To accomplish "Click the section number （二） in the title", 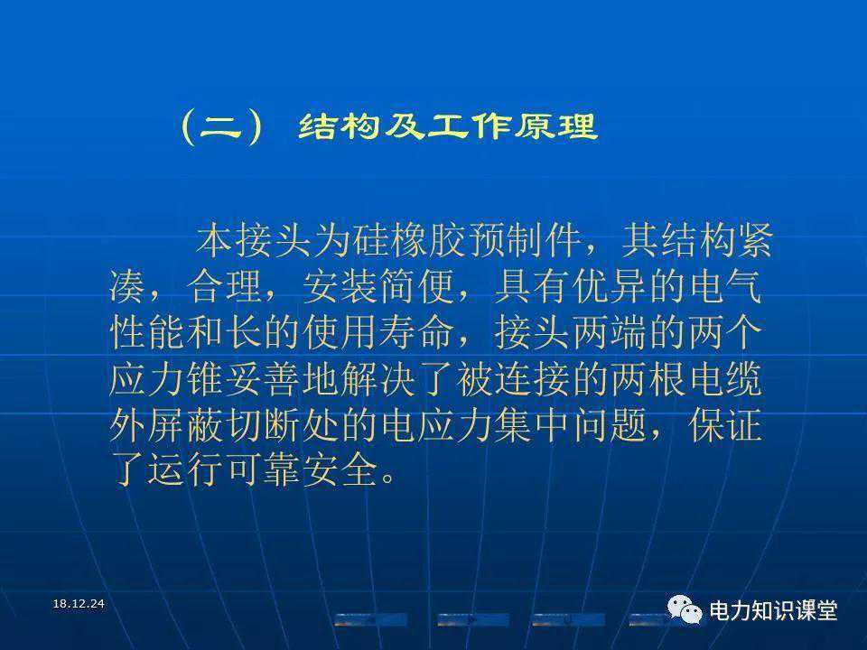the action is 222,126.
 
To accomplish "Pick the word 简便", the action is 417,286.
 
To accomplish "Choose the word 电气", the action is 725,286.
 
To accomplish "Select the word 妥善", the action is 262,379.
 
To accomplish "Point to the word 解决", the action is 378,379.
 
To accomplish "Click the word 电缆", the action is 725,379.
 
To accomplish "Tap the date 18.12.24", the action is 79,604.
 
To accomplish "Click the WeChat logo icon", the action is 685,609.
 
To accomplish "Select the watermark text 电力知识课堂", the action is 773,611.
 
